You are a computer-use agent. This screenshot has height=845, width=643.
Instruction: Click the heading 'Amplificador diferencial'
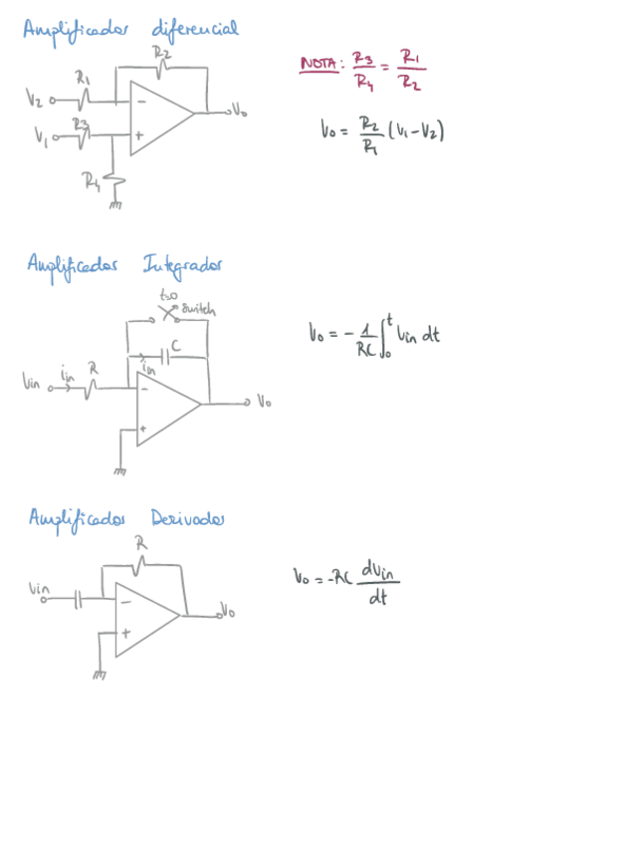pos(130,29)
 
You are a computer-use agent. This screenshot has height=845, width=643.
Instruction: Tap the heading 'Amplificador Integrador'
pos(124,265)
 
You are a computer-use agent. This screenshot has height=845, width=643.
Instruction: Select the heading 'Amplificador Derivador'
pos(126,518)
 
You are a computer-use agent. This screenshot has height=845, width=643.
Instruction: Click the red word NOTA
pos(320,66)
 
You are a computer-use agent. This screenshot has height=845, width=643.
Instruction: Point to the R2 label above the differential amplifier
pos(161,53)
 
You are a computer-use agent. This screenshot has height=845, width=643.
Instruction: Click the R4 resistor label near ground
pos(93,180)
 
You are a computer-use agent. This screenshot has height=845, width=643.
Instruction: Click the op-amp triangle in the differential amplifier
pos(157,118)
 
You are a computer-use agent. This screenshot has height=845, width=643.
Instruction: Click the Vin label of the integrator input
pos(33,382)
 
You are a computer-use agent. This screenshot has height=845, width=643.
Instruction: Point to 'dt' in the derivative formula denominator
pos(376,599)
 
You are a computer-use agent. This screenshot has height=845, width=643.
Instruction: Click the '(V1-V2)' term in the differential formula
pos(415,130)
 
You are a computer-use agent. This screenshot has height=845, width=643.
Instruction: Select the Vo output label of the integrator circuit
pos(263,403)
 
